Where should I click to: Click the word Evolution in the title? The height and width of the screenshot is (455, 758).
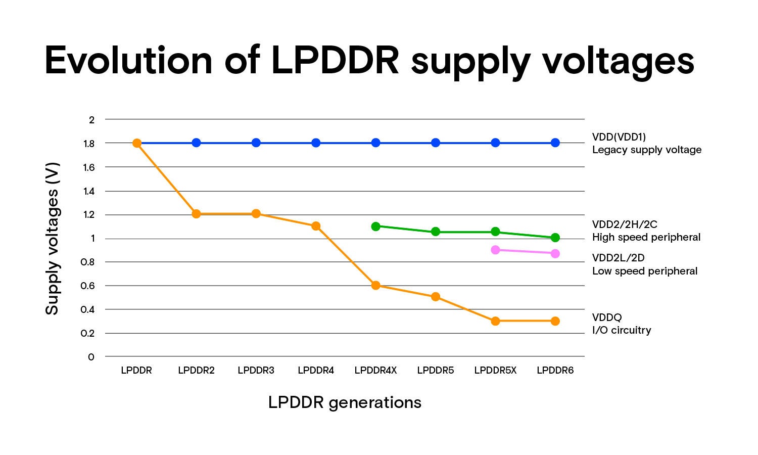pos(129,61)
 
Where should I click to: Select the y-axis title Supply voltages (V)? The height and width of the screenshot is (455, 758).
pos(52,239)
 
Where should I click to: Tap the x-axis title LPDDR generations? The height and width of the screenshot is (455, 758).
pos(345,402)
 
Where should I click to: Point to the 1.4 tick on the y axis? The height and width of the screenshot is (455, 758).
pos(89,191)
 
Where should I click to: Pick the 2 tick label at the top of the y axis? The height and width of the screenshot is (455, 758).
pos(91,120)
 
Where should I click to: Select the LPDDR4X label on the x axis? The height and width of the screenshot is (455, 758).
pos(375,371)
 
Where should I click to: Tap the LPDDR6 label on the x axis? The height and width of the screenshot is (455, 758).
pos(555,371)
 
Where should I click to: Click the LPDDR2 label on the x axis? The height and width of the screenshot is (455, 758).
pos(196,371)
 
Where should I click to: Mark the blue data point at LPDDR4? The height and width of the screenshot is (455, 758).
pos(316,143)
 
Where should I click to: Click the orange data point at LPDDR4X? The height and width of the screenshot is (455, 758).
pos(375,286)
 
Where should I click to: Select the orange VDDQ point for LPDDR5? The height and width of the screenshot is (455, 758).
pos(436,297)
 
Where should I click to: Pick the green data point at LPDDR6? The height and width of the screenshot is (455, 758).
pos(555,238)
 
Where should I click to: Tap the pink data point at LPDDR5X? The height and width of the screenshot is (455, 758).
pos(495,250)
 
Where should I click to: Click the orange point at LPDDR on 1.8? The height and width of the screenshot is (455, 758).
pos(136,143)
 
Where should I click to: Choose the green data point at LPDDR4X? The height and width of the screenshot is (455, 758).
pos(375,226)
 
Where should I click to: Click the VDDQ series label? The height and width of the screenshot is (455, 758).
pos(607,317)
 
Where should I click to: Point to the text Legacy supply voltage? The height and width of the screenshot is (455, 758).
pos(647,150)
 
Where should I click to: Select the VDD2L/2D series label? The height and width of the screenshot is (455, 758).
pos(618,258)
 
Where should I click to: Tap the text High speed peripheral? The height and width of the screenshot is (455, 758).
pos(646,237)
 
